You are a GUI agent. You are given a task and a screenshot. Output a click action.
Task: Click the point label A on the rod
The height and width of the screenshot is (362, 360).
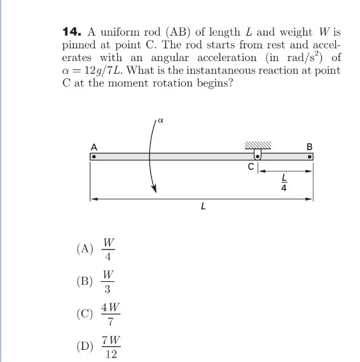point(93,146)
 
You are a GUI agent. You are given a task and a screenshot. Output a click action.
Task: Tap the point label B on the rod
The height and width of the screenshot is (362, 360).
point(310,146)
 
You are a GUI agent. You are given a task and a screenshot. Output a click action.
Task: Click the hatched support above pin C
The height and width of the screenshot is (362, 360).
point(258,146)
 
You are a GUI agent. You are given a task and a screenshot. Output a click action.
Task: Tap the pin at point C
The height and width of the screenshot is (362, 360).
point(258,155)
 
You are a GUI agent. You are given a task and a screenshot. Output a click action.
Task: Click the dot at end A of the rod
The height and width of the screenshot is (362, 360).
point(93,155)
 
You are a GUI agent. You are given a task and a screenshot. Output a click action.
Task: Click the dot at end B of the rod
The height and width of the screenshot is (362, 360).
point(310,155)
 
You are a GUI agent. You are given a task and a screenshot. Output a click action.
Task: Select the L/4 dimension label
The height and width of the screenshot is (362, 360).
point(284,183)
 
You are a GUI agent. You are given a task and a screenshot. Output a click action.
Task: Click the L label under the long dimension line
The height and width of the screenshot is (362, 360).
point(202,205)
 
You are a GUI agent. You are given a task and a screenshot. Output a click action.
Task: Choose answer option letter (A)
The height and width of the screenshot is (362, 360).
point(85,249)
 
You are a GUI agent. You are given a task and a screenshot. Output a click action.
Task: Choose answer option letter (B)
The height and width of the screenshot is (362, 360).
point(85,281)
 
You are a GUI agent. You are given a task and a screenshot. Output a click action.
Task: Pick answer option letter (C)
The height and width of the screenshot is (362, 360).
point(85,314)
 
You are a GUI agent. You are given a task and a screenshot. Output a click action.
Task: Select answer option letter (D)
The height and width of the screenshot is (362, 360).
point(85,347)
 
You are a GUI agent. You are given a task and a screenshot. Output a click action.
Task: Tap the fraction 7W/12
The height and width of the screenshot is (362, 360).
point(110,347)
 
